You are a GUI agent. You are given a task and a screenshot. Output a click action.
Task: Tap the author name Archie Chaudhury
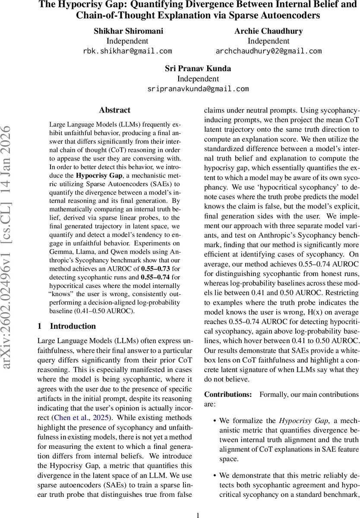tap(268, 31)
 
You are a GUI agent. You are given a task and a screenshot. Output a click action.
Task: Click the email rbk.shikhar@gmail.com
tap(127, 51)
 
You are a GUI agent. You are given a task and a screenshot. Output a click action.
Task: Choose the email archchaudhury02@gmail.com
tap(268, 51)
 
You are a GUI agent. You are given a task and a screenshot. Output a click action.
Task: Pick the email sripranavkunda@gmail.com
tap(198, 89)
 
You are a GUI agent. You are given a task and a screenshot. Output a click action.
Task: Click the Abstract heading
tap(114, 110)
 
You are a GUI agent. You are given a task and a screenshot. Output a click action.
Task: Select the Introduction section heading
tap(73, 314)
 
